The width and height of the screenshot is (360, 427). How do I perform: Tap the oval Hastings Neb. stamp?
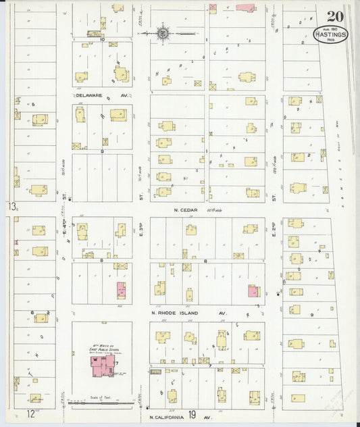(x=331, y=34)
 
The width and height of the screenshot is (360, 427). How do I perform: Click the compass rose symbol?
(x=164, y=32)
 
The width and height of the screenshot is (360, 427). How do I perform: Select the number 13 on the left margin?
(x=11, y=205)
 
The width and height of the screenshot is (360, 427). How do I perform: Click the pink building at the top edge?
(x=246, y=7)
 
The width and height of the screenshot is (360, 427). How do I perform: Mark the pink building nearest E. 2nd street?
(x=253, y=291)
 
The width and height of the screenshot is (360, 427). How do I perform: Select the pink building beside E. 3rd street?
(x=122, y=291)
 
